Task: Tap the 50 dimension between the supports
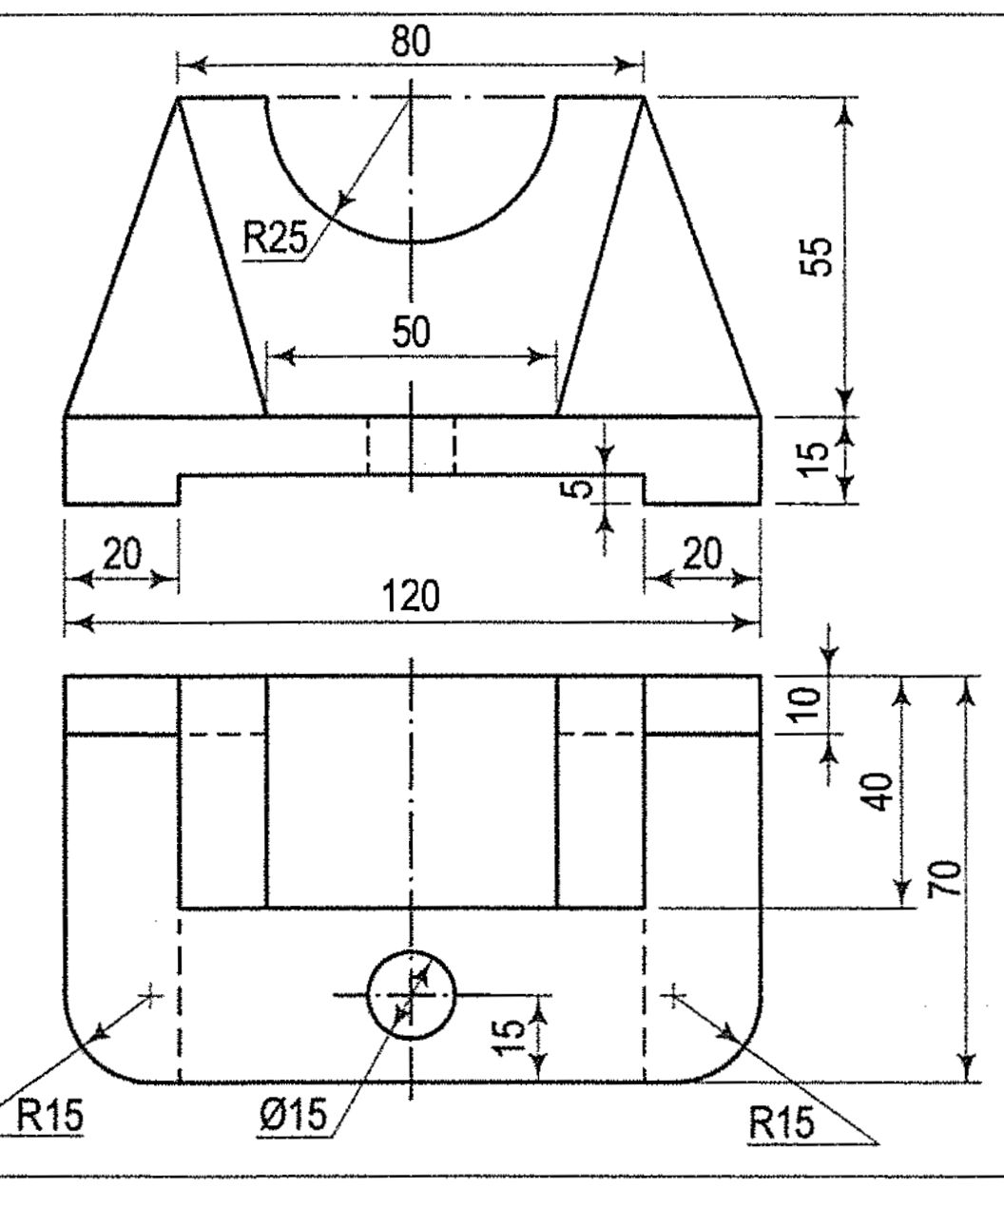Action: point(411,333)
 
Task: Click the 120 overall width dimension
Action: point(411,598)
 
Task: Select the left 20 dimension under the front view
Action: point(122,553)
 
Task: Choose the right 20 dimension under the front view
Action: point(702,553)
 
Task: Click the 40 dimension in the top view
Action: point(880,791)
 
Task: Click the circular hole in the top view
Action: point(411,994)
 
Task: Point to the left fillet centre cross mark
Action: point(149,994)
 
